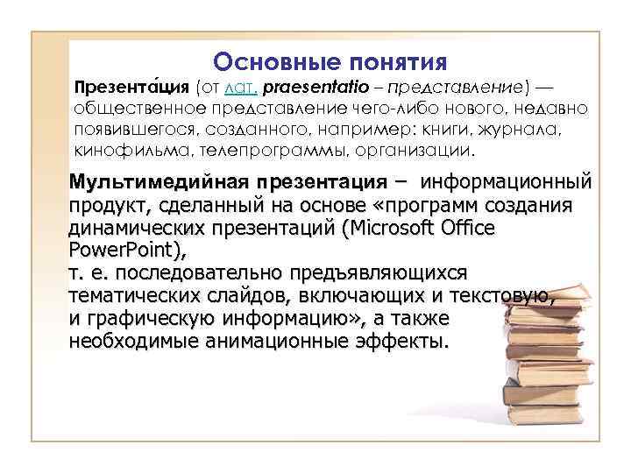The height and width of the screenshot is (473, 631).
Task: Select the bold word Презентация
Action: pos(131,88)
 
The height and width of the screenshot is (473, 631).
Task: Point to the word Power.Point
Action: pos(125,250)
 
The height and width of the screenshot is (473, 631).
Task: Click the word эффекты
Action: pos(404,341)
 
